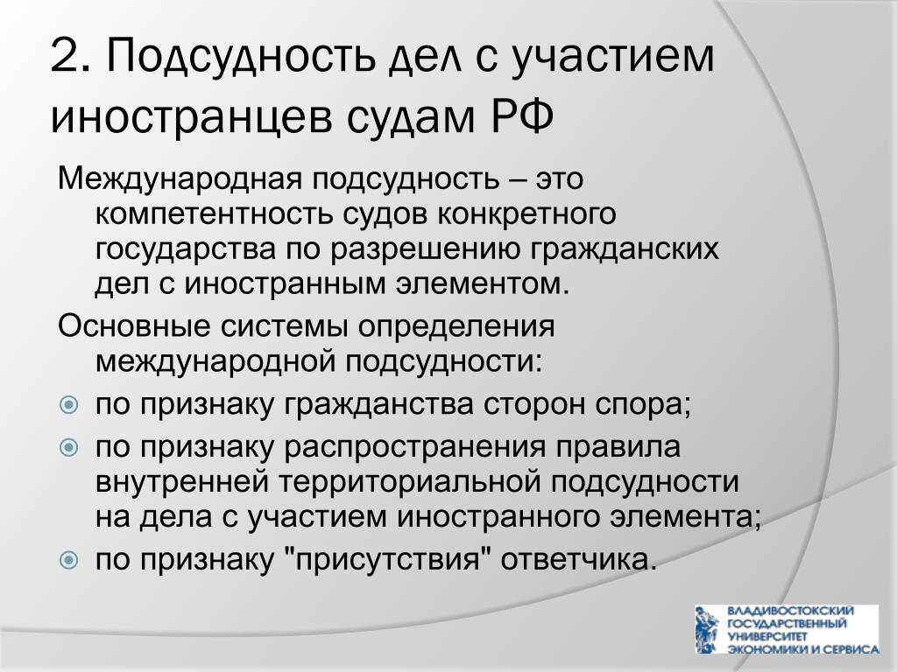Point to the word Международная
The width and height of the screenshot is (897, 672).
click(180, 180)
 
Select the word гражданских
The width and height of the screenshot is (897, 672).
click(625, 250)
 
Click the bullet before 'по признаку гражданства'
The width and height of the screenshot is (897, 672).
click(68, 406)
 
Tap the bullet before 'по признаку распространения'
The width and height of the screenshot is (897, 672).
click(68, 447)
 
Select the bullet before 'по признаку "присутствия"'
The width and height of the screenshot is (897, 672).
click(68, 559)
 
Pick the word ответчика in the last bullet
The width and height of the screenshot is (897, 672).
click(578, 560)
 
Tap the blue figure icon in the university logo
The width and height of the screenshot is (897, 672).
click(707, 630)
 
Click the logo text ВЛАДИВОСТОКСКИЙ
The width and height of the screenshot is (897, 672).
click(790, 611)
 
